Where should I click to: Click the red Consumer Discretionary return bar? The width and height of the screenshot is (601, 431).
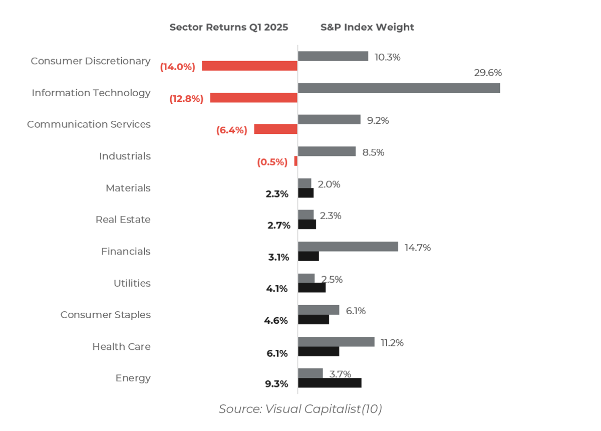point(249,66)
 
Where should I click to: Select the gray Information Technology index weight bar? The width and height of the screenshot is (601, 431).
point(399,88)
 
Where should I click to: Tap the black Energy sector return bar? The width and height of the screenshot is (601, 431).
point(330,383)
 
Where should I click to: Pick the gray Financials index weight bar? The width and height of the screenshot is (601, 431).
point(348,247)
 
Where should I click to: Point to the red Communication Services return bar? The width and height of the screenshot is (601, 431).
point(275,129)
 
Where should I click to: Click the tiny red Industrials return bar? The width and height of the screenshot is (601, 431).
point(296,161)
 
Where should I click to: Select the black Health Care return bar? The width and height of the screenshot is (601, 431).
point(319,351)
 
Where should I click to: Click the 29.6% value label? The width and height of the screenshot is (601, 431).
point(488,73)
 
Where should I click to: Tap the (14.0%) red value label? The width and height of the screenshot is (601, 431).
point(177,67)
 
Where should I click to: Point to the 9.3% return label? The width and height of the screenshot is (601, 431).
point(276,384)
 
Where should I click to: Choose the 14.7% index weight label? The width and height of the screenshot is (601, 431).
point(418,248)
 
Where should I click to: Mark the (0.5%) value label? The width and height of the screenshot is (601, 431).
point(272,162)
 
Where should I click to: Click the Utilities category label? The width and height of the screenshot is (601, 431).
point(132,283)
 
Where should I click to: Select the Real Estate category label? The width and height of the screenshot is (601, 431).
point(123,220)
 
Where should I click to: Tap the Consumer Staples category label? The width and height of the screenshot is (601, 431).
point(105,315)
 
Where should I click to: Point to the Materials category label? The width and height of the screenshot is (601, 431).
point(128,188)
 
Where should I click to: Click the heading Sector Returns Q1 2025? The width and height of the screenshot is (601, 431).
point(229,28)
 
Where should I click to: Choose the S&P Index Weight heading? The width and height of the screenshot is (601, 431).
point(367,28)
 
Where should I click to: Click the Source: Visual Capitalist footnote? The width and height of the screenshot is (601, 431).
point(300,409)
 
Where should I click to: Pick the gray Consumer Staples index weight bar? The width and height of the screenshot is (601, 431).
point(319,310)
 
